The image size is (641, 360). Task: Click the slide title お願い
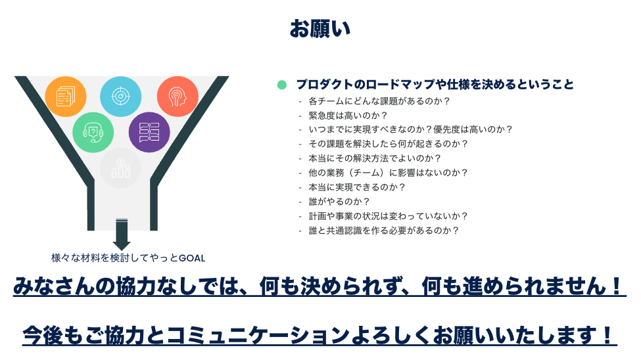pos(320,29)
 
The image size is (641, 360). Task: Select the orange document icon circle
pos(65,97)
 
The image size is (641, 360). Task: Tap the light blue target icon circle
pos(120,97)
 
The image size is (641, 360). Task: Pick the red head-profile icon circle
pos(178,97)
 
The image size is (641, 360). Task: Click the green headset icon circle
pos(93,133)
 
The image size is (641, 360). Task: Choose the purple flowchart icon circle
pos(149,133)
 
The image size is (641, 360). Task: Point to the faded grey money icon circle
pos(120,168)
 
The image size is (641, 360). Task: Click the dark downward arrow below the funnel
pos(122,235)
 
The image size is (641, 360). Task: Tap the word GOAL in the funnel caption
pos(192,258)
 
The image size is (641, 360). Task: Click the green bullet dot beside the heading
pos(281,85)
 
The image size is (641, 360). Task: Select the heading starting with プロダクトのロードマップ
pos(435,85)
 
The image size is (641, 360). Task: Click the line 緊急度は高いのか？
pos(348,115)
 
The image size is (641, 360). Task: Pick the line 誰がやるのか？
pos(339,202)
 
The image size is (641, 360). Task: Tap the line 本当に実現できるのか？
pos(357,187)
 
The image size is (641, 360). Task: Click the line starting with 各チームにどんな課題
pos(379,101)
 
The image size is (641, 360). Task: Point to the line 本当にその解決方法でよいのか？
pos(375,158)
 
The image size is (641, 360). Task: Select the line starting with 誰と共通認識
pos(384,231)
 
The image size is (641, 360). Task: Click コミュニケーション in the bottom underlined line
pos(258,335)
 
